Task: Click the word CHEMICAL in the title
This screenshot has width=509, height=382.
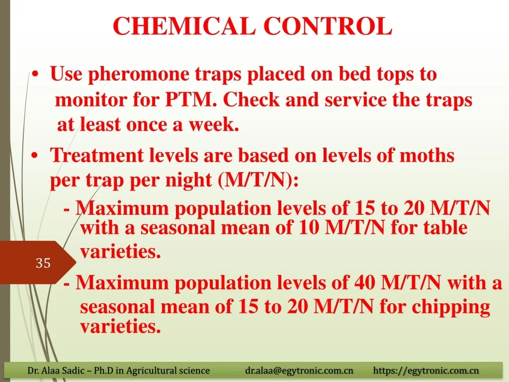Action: [184, 26]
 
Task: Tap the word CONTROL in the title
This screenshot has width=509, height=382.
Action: [328, 26]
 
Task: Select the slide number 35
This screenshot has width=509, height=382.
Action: [43, 263]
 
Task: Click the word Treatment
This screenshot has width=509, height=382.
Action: [97, 155]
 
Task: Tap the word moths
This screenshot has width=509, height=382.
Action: [427, 155]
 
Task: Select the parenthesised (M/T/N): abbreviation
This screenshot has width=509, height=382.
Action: [258, 180]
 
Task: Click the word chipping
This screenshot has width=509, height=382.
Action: [451, 307]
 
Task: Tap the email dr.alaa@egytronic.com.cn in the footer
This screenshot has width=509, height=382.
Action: [299, 370]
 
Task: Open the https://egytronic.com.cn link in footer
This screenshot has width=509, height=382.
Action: [426, 370]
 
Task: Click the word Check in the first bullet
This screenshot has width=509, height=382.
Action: [251, 99]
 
